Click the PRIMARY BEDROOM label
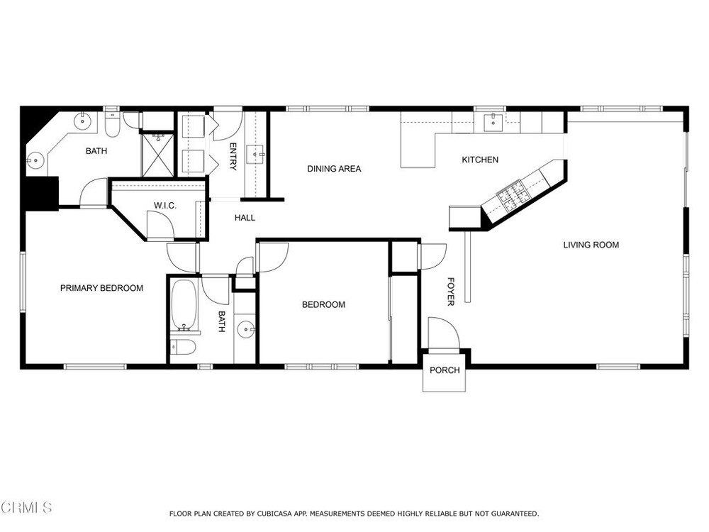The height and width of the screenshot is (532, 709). (101, 288)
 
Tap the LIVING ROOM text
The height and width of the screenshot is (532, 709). (591, 245)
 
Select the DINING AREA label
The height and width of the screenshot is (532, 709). (334, 169)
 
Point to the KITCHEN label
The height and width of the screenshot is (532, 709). (480, 160)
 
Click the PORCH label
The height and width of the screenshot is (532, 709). (445, 370)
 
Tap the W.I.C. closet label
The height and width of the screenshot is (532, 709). (165, 206)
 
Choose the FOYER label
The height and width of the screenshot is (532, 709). (450, 292)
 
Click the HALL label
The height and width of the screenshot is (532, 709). (245, 218)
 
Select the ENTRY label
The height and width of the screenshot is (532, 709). (233, 157)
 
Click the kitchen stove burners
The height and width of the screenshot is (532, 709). (513, 196)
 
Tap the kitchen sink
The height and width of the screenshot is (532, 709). (493, 122)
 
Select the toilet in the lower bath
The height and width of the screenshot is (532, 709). (183, 348)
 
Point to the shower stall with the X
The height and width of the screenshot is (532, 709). (158, 154)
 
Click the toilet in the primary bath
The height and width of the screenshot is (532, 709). (112, 124)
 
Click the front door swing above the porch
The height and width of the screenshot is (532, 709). (444, 333)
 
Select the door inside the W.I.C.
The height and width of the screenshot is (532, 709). (160, 224)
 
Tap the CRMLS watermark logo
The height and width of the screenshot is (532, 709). (26, 507)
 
